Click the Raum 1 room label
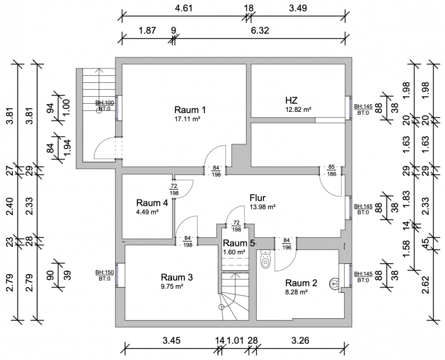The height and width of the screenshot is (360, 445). tap(190, 110)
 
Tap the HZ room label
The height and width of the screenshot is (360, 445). tap(291, 100)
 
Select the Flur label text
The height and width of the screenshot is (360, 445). tap(258, 197)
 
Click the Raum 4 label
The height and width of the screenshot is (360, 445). tap(152, 203)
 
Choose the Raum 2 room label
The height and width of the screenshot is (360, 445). tap(301, 283)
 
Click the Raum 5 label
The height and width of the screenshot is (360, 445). tap(239, 243)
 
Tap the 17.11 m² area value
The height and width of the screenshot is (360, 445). tap(187, 119)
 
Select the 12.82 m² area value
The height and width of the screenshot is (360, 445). tap(298, 109)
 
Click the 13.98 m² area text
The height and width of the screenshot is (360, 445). tap(262, 206)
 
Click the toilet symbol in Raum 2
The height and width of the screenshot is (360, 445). tap(266, 259)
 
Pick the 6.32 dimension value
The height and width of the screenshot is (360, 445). tap(260, 30)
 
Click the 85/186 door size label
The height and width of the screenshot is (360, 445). tap(332, 170)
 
